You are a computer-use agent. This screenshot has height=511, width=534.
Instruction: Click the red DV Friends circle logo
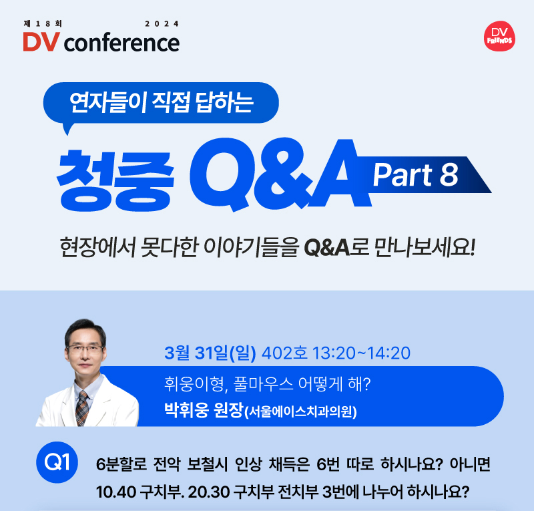coord(499,36)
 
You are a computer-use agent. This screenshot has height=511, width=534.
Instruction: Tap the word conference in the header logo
coord(121,43)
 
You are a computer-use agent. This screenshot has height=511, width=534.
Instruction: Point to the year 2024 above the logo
coord(162,24)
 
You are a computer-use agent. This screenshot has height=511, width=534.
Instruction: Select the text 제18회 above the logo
coord(43,23)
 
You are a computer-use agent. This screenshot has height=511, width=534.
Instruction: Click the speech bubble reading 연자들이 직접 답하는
coord(161,104)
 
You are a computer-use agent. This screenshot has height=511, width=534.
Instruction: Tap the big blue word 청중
coord(115,180)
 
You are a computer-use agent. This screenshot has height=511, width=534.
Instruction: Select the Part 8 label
coord(415,174)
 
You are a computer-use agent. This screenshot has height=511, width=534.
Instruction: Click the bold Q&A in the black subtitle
coord(326,248)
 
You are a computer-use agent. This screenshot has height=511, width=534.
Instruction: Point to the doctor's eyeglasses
coord(85,349)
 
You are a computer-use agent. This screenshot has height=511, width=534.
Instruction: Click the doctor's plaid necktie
coord(81,408)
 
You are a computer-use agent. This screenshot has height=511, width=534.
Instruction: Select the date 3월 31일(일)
coord(210,353)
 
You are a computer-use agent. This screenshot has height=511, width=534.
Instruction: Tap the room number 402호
coord(284,353)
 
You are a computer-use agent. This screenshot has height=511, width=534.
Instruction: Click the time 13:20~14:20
coord(361,353)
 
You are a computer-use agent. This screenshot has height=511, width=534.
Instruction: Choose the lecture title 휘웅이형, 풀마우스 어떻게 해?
coord(268,384)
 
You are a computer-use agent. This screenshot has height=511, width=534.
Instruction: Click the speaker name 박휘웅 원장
coord(204,409)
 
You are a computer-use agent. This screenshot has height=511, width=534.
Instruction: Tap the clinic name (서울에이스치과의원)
coord(300,411)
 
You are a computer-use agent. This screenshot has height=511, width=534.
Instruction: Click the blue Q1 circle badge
coord(57,462)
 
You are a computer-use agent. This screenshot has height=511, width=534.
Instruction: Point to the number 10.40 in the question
coord(116,492)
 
